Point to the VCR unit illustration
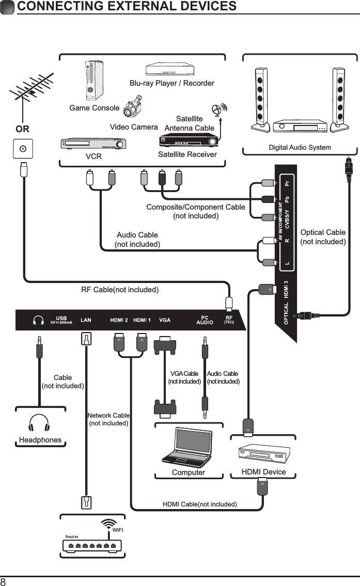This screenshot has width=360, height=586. [x=90, y=143]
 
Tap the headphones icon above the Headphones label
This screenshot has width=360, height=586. [x=40, y=423]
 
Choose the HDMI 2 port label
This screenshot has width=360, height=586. [x=119, y=320]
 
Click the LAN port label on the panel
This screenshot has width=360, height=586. [x=86, y=320]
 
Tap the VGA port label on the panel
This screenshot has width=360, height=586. [x=165, y=320]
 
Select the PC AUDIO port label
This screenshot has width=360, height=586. [x=205, y=320]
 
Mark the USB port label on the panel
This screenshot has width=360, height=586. [x=61, y=318]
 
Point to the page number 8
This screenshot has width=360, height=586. [x=4, y=581]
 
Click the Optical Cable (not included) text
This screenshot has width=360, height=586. [x=323, y=237]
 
